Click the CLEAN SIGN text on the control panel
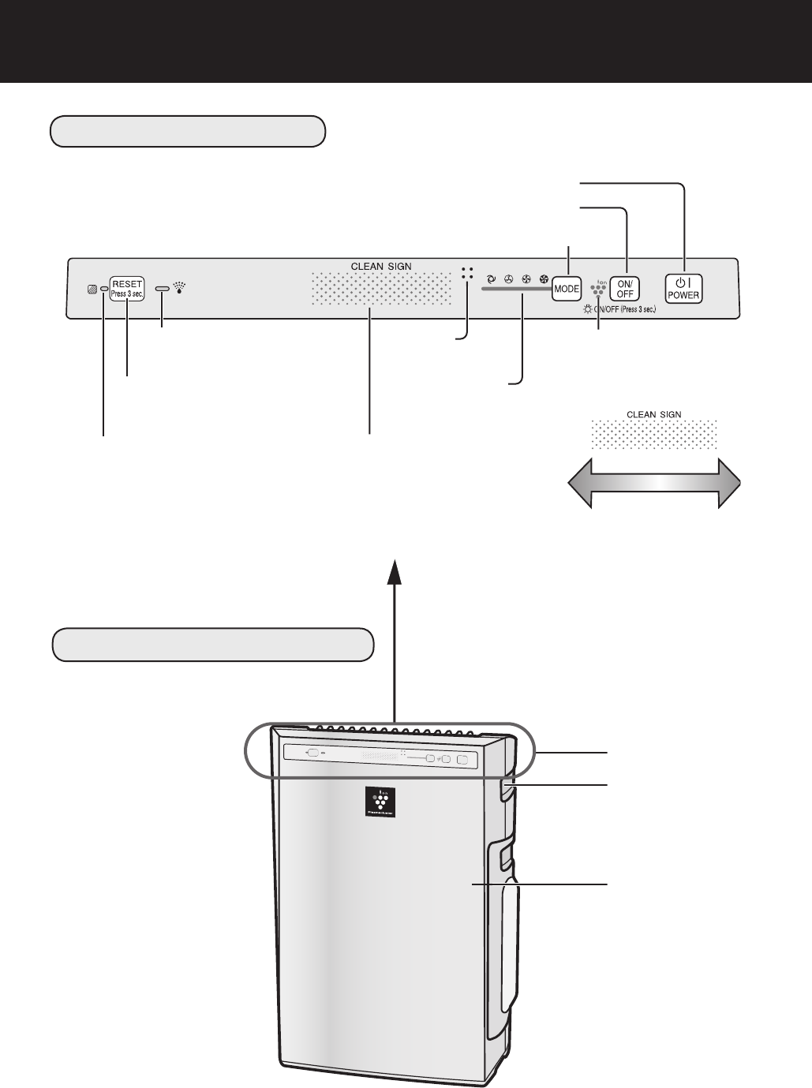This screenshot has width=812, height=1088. point(382,265)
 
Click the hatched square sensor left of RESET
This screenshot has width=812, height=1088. point(93,290)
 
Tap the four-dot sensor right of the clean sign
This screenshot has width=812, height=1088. point(467,273)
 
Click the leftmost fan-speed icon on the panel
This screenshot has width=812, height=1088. point(491,279)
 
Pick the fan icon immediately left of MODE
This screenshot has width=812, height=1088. point(543,279)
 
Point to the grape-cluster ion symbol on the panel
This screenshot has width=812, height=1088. point(599,288)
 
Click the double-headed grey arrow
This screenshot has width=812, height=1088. point(654,485)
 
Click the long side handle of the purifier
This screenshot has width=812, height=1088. point(507,931)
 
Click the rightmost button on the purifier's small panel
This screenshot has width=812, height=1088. point(462,759)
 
